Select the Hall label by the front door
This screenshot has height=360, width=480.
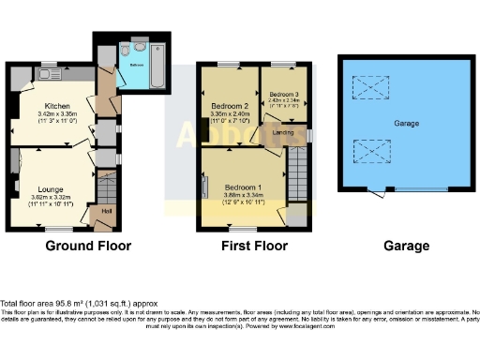(94, 222)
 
